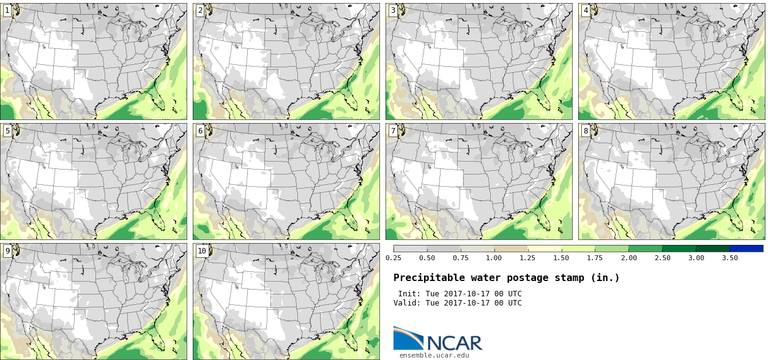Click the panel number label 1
7,10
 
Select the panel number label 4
586,10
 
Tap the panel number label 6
200,130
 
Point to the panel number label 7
393,130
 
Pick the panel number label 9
7,250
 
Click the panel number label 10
202,250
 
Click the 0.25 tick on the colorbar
393,258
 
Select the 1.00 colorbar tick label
494,258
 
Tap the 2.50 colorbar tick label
663,258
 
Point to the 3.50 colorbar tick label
729,258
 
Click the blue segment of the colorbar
747,249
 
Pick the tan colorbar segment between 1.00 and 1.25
511,249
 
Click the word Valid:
407,303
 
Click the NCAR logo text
455,343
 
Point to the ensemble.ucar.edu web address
434,355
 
